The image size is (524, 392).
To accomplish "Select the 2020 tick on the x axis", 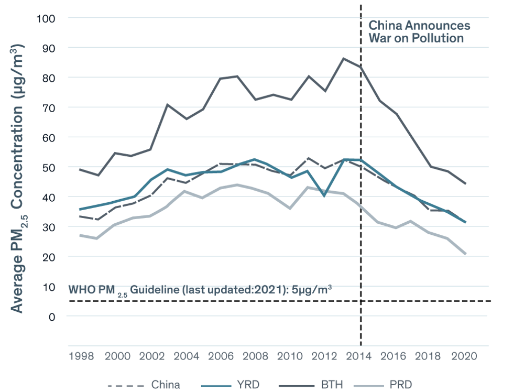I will pyautogui.click(x=464, y=356).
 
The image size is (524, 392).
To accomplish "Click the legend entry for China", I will pyautogui.click(x=165, y=385).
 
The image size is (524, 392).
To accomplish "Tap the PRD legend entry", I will pyautogui.click(x=400, y=385).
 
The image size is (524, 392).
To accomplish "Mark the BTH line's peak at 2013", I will pyautogui.click(x=343, y=59).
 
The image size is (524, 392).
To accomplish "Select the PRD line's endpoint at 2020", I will pyautogui.click(x=465, y=254).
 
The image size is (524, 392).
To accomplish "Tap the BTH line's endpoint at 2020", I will pyautogui.click(x=465, y=183).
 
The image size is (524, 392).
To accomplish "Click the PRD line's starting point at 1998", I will pyautogui.click(x=80, y=235).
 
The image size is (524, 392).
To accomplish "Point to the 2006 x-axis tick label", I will pyautogui.click(x=221, y=356).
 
